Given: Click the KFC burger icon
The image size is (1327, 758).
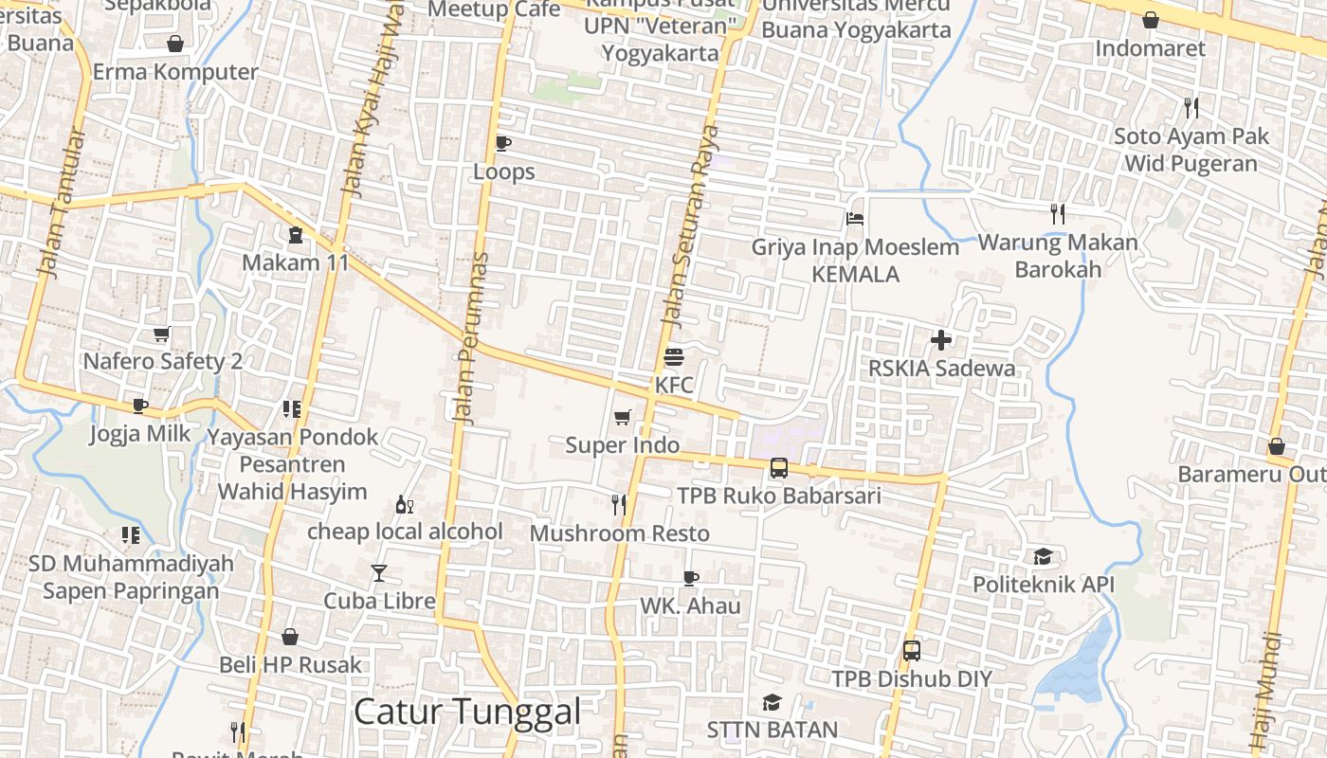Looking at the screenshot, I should tap(674, 357).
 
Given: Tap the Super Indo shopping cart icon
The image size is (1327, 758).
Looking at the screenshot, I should tap(623, 417).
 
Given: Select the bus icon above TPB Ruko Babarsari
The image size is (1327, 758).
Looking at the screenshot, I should tap(778, 467).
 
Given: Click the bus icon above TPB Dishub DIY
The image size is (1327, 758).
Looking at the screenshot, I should tap(912, 651).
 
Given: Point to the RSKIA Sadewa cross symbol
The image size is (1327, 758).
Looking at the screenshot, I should tap(941, 339).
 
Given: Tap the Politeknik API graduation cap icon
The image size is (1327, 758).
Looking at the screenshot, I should tap(1044, 556).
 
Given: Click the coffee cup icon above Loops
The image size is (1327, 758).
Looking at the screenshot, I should tap(503, 143).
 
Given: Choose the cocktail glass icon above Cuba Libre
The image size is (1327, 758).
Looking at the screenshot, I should tap(379, 572).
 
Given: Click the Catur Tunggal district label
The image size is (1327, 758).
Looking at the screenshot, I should tap(466, 712).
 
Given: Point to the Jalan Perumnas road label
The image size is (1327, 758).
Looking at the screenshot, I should tap(471, 337).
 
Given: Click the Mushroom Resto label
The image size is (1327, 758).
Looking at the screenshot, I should tap(619, 533).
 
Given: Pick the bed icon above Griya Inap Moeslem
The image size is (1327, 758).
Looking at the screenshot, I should tap(855, 219).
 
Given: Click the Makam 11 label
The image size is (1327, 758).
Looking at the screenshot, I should tap(296, 262).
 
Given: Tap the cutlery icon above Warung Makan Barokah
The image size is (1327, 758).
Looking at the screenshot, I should tap(1058, 214).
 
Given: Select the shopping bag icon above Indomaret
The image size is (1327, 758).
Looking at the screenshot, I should tap(1150, 20).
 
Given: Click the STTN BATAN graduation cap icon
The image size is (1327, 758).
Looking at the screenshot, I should tap(773, 702).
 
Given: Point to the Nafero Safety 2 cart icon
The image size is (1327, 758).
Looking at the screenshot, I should tap(162, 334).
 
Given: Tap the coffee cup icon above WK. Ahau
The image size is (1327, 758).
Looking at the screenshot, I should tap(691, 577).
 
